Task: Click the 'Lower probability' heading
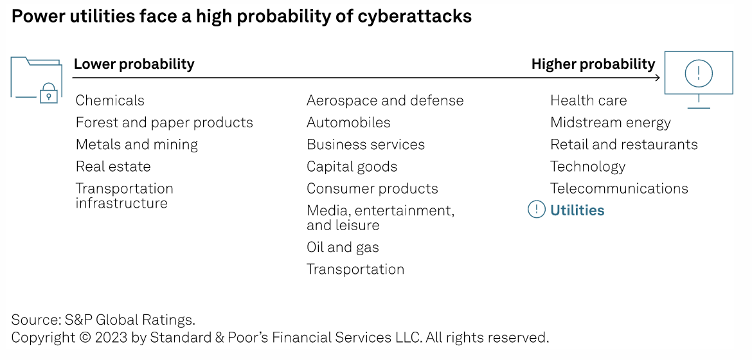(x=134, y=64)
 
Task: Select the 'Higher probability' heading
(x=593, y=64)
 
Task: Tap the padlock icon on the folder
(x=48, y=94)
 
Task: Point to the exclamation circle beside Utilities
(x=536, y=210)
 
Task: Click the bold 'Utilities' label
(x=577, y=210)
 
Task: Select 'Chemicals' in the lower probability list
(x=110, y=100)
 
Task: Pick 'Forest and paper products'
(x=164, y=122)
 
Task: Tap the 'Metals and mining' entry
(x=136, y=145)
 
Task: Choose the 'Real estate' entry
(x=113, y=166)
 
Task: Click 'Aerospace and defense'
(x=385, y=100)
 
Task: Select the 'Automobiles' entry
(x=348, y=122)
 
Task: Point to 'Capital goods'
(x=352, y=166)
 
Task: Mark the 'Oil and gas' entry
(x=343, y=248)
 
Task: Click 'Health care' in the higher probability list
(x=588, y=100)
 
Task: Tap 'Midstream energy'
(x=610, y=122)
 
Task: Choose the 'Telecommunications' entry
(x=619, y=188)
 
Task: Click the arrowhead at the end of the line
(x=657, y=78)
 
